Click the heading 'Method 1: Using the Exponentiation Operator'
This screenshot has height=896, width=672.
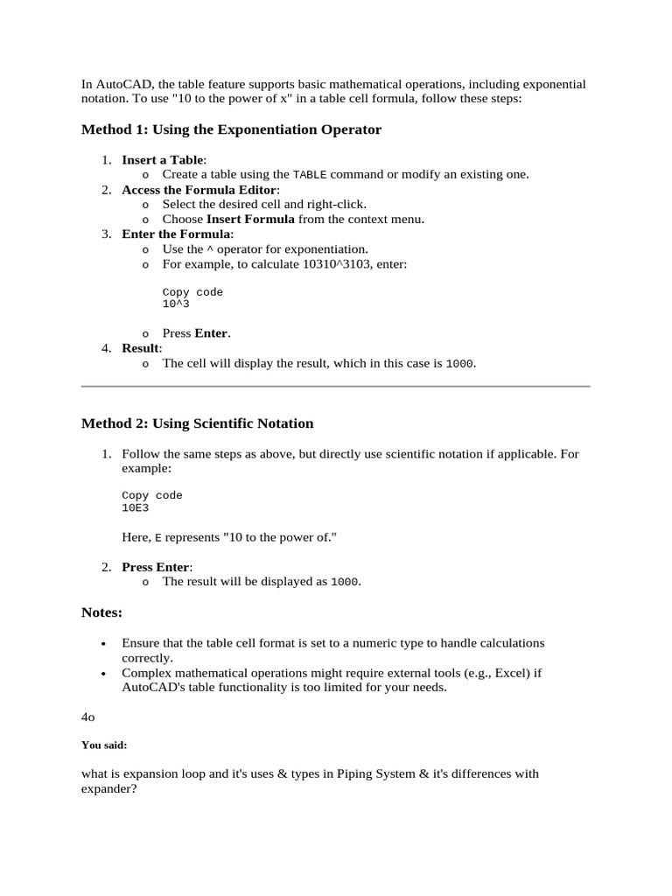[x=231, y=129]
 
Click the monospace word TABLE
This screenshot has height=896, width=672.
[x=309, y=174]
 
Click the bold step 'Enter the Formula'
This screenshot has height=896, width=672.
[x=176, y=234]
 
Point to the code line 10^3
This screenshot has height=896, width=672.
[x=176, y=304]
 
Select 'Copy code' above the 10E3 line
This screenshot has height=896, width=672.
[x=152, y=495]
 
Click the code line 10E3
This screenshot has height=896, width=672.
[x=136, y=507]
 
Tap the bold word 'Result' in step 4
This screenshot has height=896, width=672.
[x=141, y=348]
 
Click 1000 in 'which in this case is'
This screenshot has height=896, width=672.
[x=460, y=363]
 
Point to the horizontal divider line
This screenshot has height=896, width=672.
[x=336, y=386]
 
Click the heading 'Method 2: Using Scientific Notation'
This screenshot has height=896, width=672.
[x=197, y=423]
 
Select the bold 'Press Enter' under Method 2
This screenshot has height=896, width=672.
[x=155, y=567]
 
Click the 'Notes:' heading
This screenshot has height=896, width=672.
[x=101, y=612]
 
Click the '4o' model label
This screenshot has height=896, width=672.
[x=87, y=717]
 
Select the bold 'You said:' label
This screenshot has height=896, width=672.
[x=104, y=745]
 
